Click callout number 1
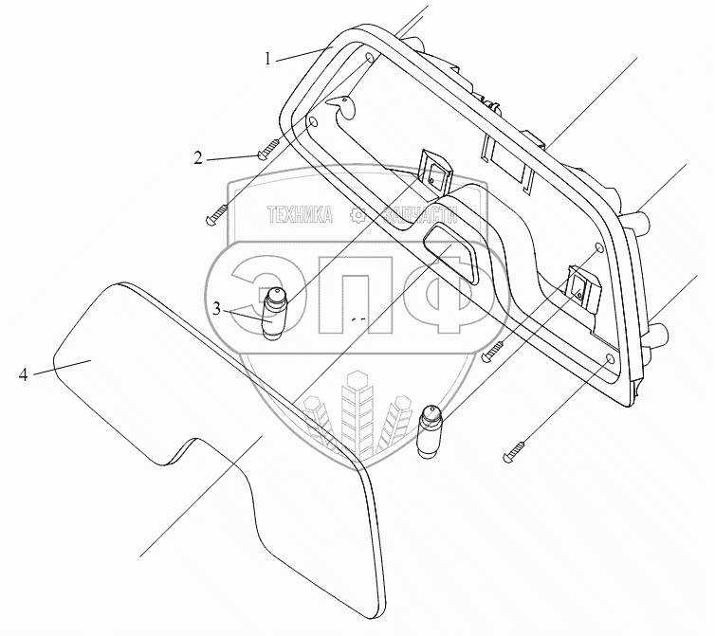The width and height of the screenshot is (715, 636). tap(268, 59)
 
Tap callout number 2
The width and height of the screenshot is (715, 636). tap(198, 158)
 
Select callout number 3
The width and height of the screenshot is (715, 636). tap(217, 309)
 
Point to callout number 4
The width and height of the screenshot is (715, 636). tap(24, 374)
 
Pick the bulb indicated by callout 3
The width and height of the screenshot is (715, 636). tap(274, 312)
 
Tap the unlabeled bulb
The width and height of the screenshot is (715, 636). tap(429, 430)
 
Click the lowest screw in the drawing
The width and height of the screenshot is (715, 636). tap(515, 451)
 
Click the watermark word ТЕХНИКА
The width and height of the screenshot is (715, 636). tap(300, 215)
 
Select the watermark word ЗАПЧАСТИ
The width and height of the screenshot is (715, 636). tap(420, 215)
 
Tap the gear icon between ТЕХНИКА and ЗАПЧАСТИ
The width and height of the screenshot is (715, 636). tap(358, 215)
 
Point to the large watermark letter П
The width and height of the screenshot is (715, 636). tap(356, 294)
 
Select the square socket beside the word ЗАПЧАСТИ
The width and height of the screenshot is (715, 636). tap(433, 173)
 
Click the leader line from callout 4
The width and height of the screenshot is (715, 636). tap(62, 367)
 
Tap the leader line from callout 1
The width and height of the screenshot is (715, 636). tap(304, 53)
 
